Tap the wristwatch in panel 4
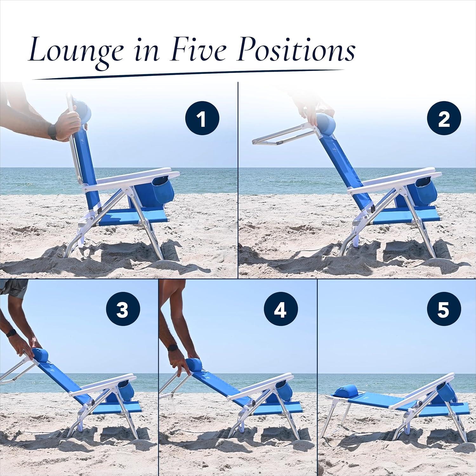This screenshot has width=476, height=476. [173, 348]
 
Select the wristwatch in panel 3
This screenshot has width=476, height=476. [12, 333]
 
